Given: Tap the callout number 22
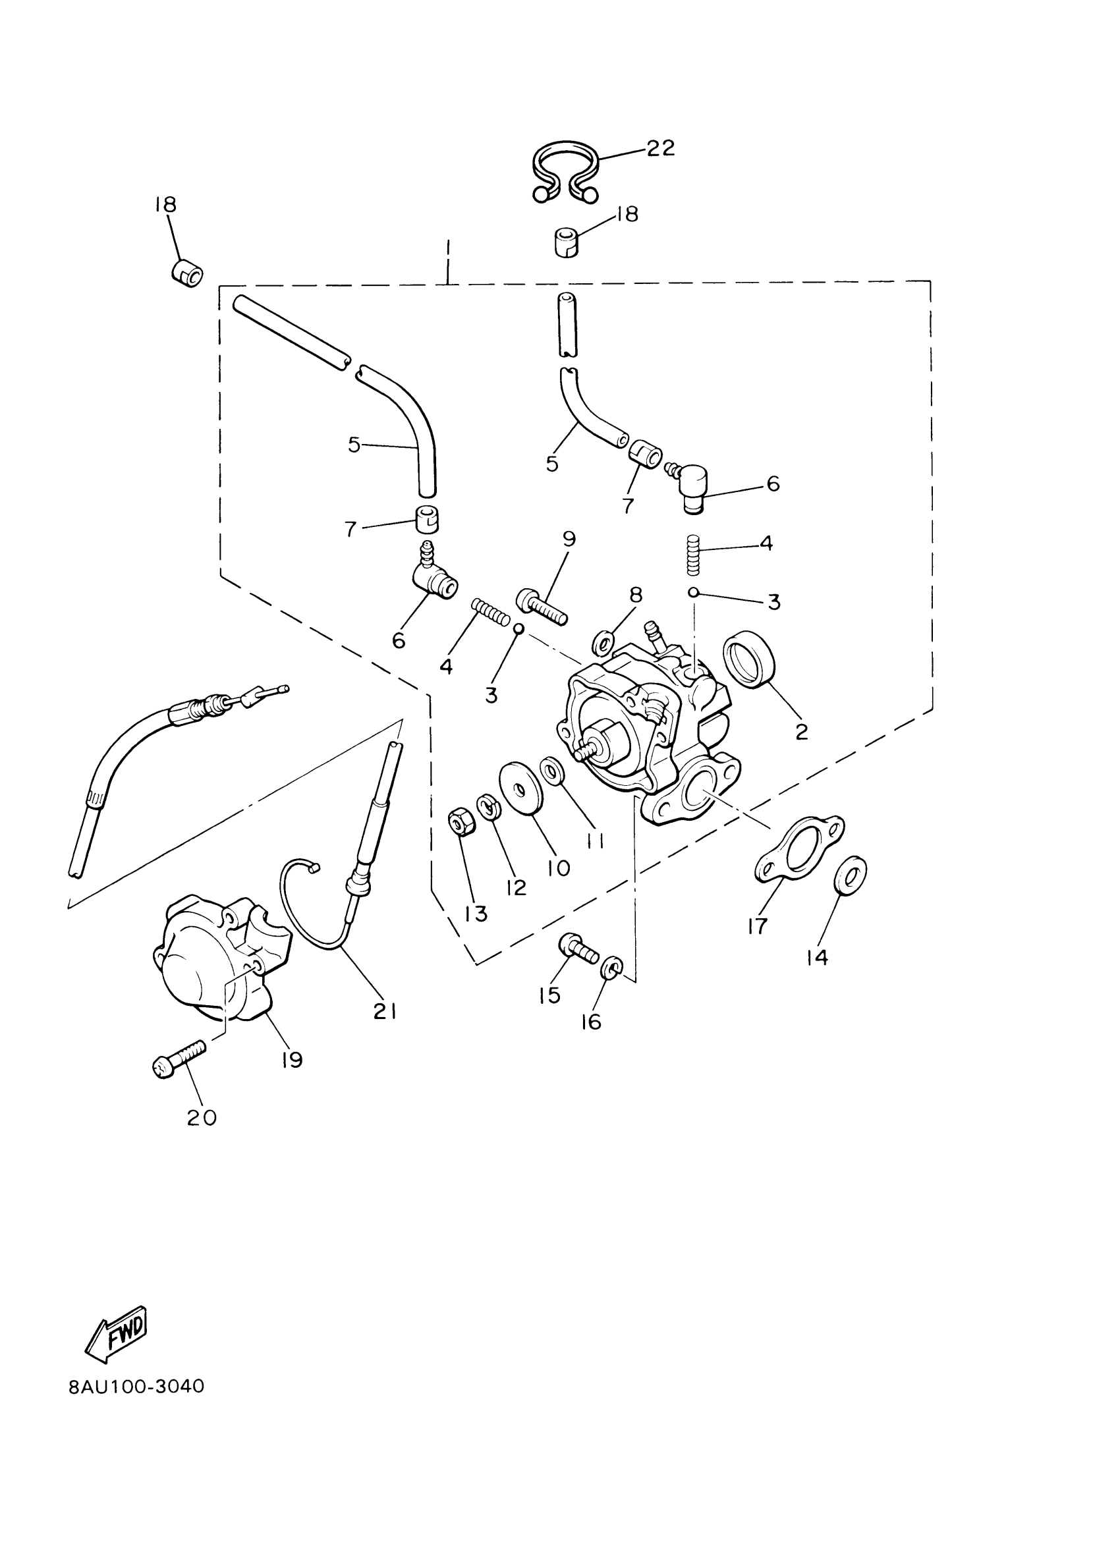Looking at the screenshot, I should (660, 148).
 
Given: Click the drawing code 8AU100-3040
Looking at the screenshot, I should (136, 1387).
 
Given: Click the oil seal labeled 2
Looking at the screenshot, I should (748, 659).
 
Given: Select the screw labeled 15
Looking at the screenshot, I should (578, 947).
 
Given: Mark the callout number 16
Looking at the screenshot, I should (591, 1021).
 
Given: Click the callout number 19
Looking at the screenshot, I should (292, 1059).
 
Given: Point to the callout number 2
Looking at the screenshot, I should (801, 731).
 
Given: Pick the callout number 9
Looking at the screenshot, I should (569, 539).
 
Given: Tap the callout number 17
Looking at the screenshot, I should (757, 925).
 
